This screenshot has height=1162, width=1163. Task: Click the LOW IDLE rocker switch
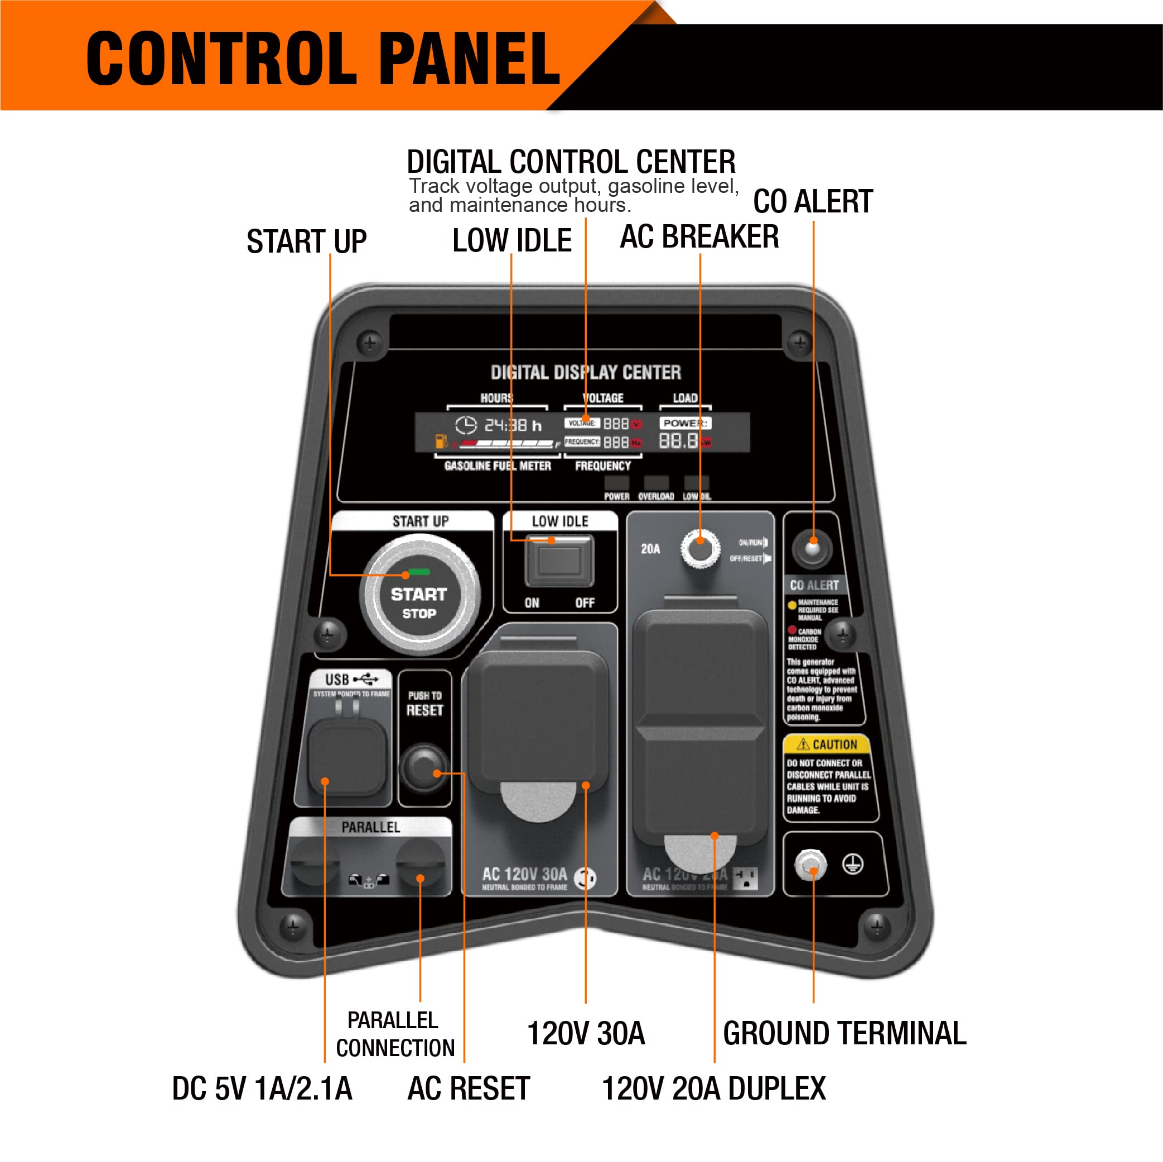[x=559, y=561]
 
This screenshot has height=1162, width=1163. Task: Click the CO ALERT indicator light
[x=812, y=548]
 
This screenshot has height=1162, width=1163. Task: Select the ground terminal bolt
[x=811, y=865]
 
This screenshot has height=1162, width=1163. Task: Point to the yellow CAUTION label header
[x=827, y=745]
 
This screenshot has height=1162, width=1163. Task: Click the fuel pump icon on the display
[x=441, y=441]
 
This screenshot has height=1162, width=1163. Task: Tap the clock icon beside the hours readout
[x=465, y=425]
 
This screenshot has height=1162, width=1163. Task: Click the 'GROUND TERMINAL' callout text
[x=844, y=1034]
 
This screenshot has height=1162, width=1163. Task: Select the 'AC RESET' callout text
[x=469, y=1088]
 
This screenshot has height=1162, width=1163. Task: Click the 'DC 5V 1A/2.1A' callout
[x=262, y=1088]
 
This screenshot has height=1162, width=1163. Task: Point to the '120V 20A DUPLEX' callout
[x=714, y=1088]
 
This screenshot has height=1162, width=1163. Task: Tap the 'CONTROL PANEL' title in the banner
[x=324, y=59]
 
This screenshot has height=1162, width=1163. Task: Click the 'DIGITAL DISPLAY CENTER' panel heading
[x=586, y=372]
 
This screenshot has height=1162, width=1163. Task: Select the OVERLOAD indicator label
[x=655, y=496]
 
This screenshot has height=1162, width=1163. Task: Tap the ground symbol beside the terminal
[x=852, y=865]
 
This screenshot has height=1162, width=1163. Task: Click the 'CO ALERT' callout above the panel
[x=813, y=202]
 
